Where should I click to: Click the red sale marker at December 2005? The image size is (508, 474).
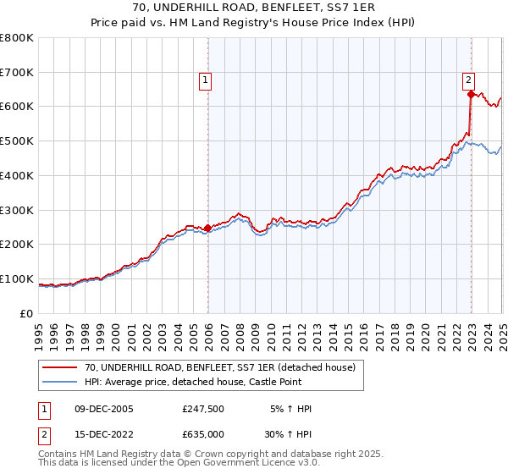click(207, 227)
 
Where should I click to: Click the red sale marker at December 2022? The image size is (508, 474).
click(471, 95)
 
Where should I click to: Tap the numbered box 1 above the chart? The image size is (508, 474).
click(205, 81)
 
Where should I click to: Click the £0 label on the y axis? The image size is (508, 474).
click(27, 313)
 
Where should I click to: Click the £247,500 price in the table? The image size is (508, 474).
click(202, 409)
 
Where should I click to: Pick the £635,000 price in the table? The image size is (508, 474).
click(202, 434)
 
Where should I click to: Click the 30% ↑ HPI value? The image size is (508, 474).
click(289, 434)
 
